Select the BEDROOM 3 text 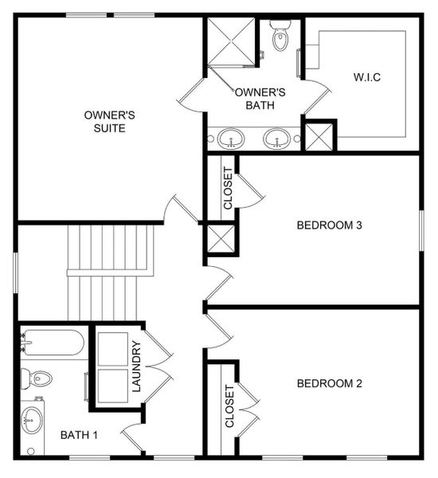click(x=329, y=225)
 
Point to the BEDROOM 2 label click(x=329, y=383)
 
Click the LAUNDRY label click(x=136, y=366)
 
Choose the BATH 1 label click(x=79, y=435)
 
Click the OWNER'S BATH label click(x=260, y=98)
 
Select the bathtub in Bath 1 click(x=53, y=343)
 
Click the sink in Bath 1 click(x=33, y=417)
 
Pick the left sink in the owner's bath click(x=232, y=138)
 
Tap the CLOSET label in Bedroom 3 click(x=229, y=188)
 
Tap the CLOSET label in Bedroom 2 click(x=229, y=407)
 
